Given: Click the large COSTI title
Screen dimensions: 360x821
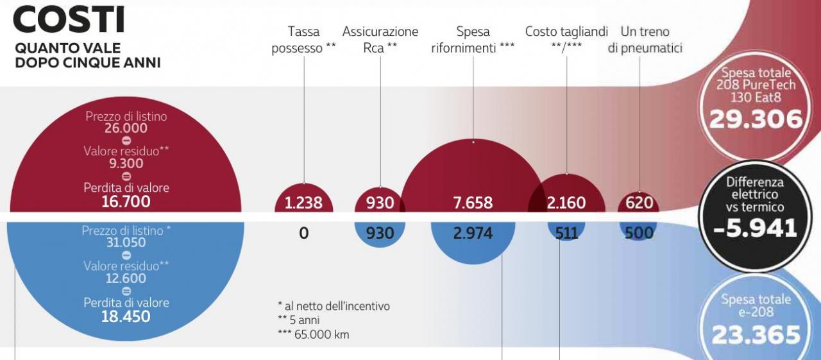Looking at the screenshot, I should [69, 19].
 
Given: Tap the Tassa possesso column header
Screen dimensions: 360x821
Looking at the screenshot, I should [303, 40].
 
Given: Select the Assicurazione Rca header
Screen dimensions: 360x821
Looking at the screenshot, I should [380, 40].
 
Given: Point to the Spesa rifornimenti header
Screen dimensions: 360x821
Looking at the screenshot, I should [473, 40].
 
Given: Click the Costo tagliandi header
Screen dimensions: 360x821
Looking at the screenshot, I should [566, 40].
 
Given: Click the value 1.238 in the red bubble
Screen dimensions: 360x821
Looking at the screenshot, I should [303, 203].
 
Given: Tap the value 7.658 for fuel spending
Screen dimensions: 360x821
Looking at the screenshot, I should [473, 203].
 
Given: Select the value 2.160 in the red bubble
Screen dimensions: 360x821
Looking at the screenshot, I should [566, 203].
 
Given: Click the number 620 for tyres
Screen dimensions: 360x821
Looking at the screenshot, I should [639, 203].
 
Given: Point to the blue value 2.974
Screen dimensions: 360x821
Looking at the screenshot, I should [473, 234].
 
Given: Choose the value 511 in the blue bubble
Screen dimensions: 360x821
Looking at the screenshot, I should [566, 234].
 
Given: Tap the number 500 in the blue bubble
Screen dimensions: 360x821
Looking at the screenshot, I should [639, 234].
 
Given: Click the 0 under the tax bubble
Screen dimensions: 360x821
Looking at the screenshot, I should [303, 234].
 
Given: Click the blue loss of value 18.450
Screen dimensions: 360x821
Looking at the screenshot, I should [126, 316].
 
